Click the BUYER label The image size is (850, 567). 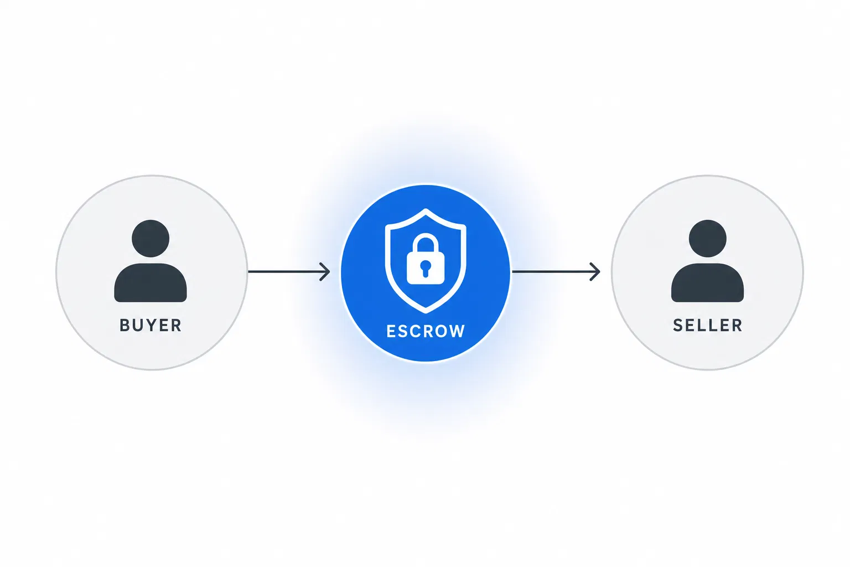(151, 326)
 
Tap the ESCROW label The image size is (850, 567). (426, 331)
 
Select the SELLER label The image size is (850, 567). (707, 326)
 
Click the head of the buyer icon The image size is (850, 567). (151, 239)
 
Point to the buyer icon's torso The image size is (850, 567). (151, 283)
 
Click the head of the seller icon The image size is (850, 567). (707, 239)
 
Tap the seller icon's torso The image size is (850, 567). (707, 283)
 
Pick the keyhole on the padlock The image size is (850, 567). (426, 268)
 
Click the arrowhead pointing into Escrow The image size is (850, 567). (325, 271)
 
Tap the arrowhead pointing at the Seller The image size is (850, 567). (595, 271)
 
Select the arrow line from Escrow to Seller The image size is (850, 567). (556, 271)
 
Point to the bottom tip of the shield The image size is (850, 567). (426, 312)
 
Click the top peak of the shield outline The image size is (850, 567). (426, 210)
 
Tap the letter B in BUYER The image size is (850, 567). (125, 326)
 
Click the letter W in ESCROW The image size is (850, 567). (457, 331)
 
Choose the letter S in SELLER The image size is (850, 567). (678, 326)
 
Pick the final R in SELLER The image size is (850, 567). (737, 326)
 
